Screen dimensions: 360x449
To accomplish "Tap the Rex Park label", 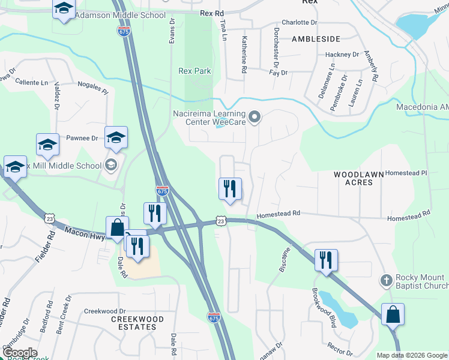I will [194, 71].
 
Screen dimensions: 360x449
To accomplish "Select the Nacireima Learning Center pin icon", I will [255, 118].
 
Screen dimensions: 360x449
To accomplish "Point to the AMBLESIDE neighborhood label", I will [316, 39].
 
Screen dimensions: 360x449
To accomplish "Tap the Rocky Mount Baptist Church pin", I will [387, 280].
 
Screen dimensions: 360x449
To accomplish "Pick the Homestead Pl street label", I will [407, 173].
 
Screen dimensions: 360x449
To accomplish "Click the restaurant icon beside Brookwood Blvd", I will [326, 260].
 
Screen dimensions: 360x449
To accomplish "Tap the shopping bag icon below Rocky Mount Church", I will [392, 314].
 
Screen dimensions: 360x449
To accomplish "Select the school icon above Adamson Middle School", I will [64, 8].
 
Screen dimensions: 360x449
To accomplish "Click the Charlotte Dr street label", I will [298, 22].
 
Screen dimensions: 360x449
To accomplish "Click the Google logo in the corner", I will [20, 353].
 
